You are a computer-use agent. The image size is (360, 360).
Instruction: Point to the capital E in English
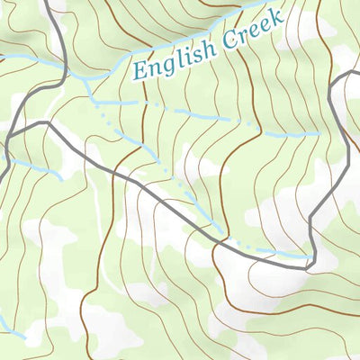(x=138, y=70)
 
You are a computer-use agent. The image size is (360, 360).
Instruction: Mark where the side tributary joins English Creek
(x=86, y=79)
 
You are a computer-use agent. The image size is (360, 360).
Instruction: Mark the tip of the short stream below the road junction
(x=61, y=176)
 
